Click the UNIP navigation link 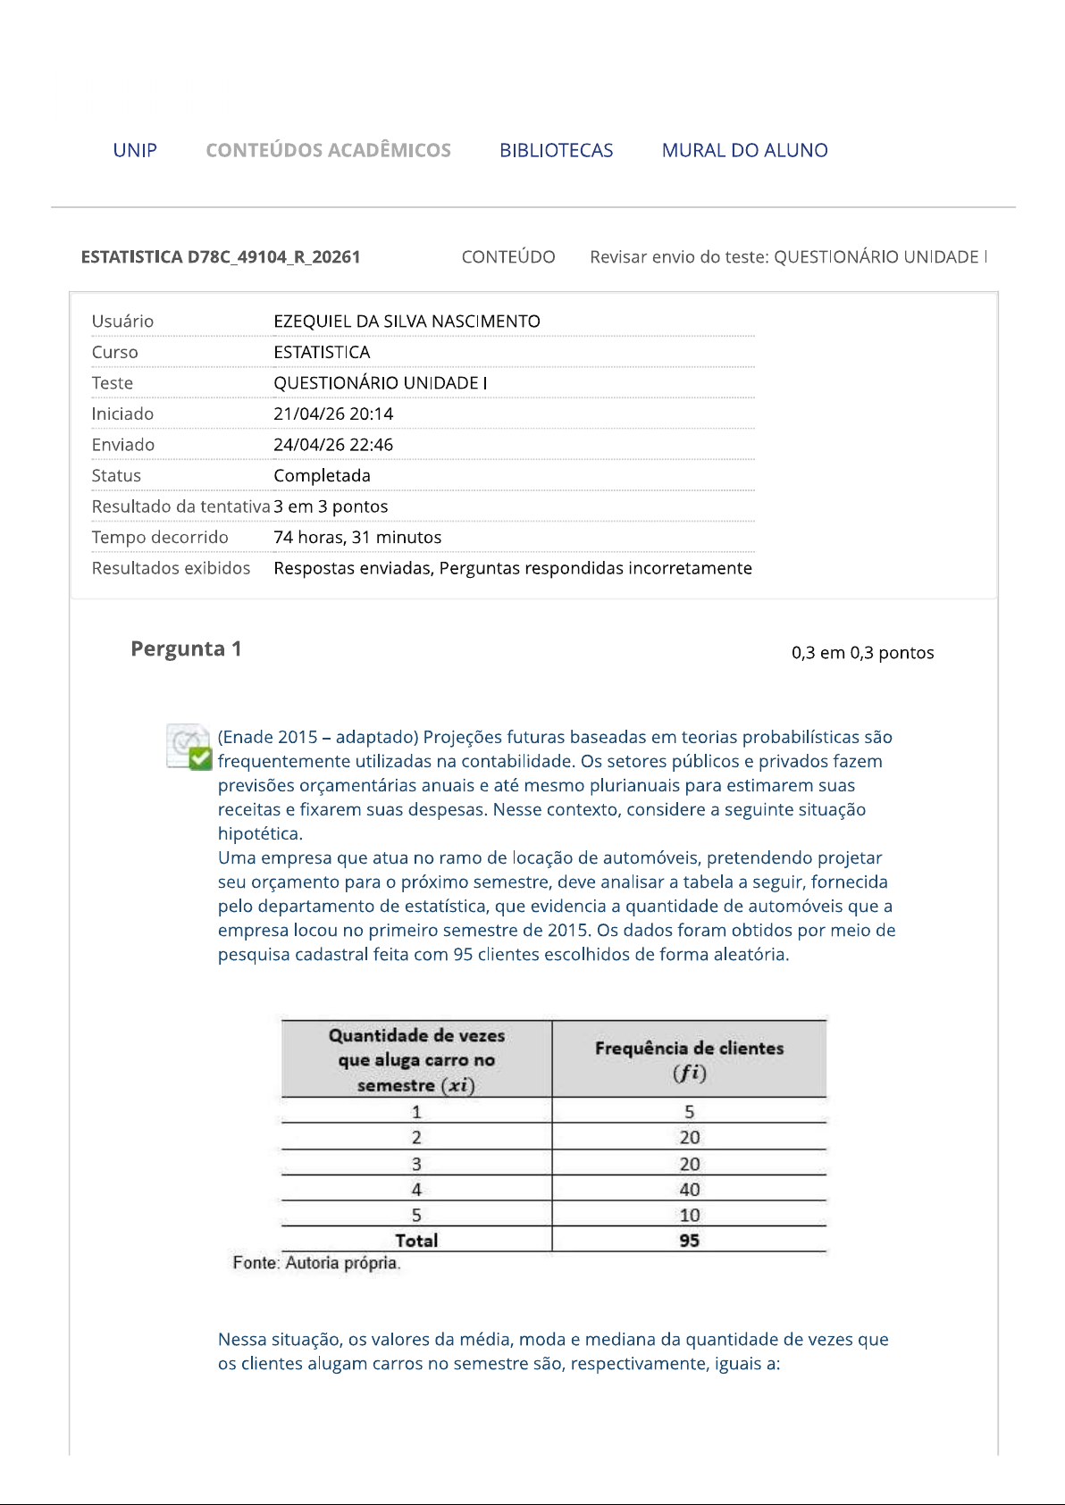coord(135,150)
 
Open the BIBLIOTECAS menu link coord(556,150)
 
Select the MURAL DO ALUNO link coord(744,150)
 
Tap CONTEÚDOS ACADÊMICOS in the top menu coord(328,150)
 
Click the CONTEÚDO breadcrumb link coord(507,257)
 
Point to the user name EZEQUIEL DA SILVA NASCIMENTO coord(407,322)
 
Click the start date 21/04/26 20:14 coord(333,414)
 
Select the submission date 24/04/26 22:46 coord(333,445)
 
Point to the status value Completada coord(322,476)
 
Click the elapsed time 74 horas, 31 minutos coord(357,538)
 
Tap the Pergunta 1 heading coord(186,649)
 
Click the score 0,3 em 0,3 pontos coord(862,653)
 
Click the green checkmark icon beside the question coord(200,758)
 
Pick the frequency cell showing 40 coord(689,1190)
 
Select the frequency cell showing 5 coord(689,1112)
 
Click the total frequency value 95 coord(689,1241)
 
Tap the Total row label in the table coord(416,1241)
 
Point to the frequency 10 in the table coord(689,1216)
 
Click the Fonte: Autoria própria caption coord(316,1263)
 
